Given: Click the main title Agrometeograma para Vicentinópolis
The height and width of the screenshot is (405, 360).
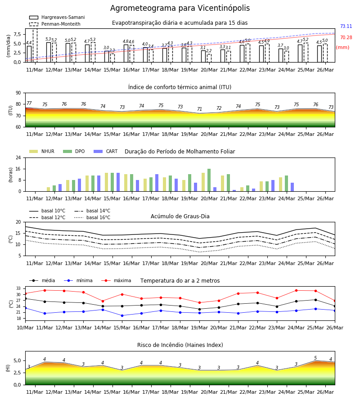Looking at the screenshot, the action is [180, 8].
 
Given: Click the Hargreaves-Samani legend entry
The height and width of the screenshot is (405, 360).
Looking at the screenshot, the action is [57, 17].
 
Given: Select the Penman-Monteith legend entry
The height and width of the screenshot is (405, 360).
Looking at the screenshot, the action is [55, 24].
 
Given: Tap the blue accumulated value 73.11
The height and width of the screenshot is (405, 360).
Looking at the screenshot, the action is [346, 26].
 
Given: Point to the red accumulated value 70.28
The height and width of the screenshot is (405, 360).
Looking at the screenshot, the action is [346, 37].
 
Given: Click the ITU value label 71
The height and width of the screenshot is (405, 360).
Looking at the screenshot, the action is [199, 109].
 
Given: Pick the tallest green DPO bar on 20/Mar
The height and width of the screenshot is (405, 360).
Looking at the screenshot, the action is [209, 180].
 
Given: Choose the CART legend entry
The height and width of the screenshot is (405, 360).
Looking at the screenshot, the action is [106, 151].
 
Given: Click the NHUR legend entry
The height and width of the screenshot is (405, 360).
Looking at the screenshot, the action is [42, 151].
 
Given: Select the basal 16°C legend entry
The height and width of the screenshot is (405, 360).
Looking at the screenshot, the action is [92, 217].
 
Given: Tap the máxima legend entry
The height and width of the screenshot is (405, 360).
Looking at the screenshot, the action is [116, 280].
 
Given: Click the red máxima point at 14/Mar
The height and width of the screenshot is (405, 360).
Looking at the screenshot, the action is [103, 301].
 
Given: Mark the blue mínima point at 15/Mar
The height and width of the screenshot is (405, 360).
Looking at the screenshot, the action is [122, 315].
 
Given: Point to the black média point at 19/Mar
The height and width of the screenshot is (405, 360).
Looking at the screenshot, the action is [199, 309].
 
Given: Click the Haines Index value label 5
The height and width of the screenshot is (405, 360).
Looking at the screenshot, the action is [315, 358].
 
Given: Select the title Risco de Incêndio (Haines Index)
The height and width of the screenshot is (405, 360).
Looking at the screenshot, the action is [180, 345].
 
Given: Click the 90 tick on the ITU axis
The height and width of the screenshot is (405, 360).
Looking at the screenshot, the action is [18, 93].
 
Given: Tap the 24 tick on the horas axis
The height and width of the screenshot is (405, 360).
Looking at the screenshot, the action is [18, 157].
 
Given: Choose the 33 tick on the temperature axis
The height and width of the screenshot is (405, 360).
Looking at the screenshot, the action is [18, 288].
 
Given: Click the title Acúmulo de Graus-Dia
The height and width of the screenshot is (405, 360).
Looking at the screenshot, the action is [180, 216].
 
